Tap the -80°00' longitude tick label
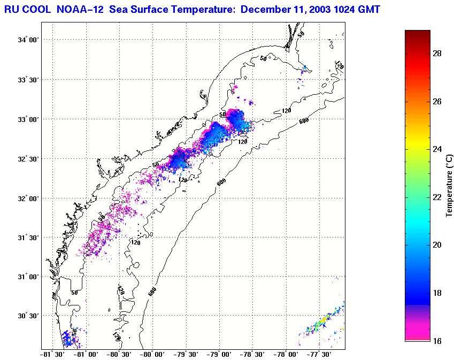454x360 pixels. click(151, 354)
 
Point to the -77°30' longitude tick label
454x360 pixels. click(319, 354)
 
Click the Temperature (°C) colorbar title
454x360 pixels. click(450, 185)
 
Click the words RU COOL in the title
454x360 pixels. click(25, 9)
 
